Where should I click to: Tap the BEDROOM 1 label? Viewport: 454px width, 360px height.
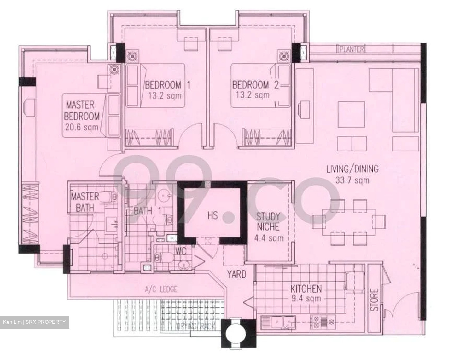[x=167, y=85]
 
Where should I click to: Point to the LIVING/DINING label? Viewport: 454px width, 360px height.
[x=352, y=169]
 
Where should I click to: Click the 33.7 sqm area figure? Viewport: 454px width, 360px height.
[x=352, y=180]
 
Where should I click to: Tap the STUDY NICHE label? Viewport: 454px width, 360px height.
[x=268, y=222]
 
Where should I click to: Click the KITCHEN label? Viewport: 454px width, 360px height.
[x=306, y=289]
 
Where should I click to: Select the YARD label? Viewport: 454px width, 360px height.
[x=237, y=274]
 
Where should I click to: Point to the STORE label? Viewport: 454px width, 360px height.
[x=374, y=300]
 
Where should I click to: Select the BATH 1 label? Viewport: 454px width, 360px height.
[x=147, y=211]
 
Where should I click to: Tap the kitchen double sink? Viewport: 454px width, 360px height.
[x=278, y=322]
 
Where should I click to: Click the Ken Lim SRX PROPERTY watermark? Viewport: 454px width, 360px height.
[x=35, y=322]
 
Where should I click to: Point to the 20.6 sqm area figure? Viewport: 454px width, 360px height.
[x=82, y=127]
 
